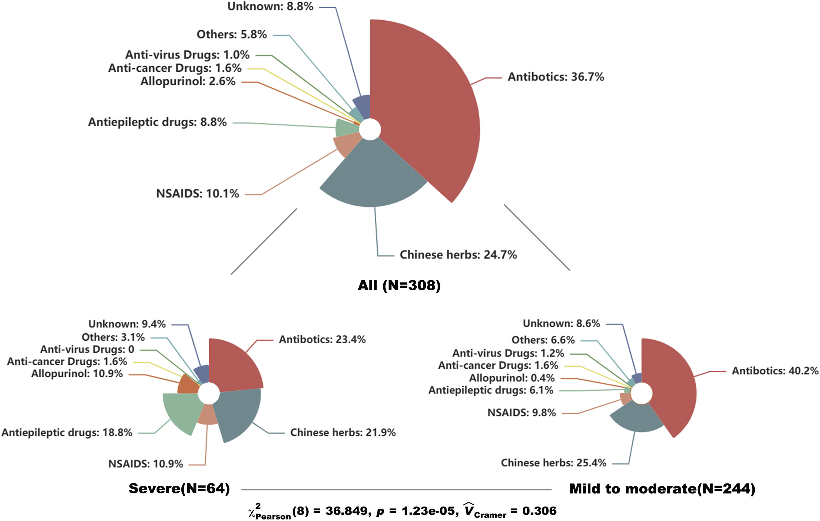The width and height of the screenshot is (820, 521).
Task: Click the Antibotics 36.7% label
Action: (556, 77)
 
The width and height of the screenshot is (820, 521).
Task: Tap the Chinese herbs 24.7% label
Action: (458, 255)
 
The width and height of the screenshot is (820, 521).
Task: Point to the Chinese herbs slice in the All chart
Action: (373, 177)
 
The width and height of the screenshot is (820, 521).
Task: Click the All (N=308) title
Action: (399, 285)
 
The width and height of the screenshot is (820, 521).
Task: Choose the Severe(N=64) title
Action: (179, 489)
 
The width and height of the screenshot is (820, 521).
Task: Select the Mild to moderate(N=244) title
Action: (662, 489)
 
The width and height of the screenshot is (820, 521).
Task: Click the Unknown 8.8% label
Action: (270, 6)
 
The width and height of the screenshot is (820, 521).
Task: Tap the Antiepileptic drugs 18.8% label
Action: (67, 433)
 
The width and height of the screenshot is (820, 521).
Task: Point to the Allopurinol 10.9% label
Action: (77, 374)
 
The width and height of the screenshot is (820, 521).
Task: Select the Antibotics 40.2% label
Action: (775, 371)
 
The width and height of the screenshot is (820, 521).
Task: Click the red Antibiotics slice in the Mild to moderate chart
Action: (671, 389)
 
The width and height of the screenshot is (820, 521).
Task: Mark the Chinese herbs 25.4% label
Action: (553, 463)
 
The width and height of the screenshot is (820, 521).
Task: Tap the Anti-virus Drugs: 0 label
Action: (87, 350)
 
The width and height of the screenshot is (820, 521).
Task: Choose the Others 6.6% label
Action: (543, 340)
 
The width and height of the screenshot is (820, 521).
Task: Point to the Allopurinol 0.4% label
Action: (511, 378)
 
